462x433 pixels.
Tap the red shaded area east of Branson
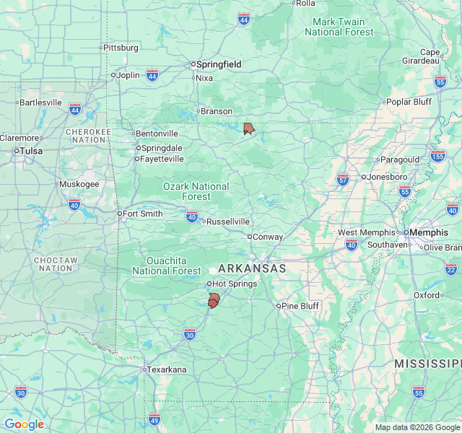tap(248, 128)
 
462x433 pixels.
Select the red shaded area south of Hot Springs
tap(214, 300)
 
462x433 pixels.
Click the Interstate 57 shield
tap(343, 178)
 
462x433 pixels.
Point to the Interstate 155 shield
tap(437, 156)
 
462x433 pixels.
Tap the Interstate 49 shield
tap(154, 419)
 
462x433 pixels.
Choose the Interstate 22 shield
tap(451, 268)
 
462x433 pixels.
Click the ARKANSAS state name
tap(252, 268)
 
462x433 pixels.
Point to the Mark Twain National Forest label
tap(339, 27)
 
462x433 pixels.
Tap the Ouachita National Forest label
tap(167, 266)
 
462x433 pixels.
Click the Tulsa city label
tap(31, 151)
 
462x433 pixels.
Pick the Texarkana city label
tap(167, 369)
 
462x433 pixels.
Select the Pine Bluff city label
tap(300, 306)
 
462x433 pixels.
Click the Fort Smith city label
tap(142, 214)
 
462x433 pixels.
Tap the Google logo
tap(24, 424)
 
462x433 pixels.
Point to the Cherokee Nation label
tap(88, 136)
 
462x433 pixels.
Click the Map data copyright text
tap(417, 427)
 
